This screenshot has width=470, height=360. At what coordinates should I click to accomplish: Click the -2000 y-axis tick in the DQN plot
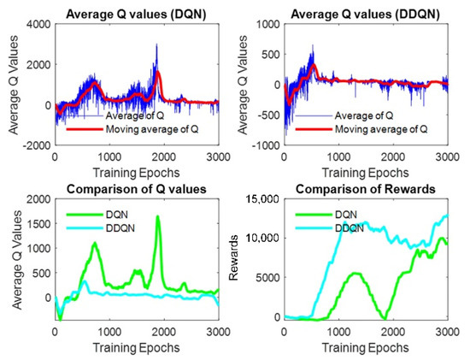pyautogui.click(x=36, y=146)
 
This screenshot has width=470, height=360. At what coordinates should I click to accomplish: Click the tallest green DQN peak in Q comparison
pyautogui.click(x=158, y=217)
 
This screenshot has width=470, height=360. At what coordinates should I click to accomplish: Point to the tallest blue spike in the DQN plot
pyautogui.click(x=156, y=44)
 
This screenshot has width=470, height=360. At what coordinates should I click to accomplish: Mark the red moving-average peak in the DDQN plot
pyautogui.click(x=314, y=65)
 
